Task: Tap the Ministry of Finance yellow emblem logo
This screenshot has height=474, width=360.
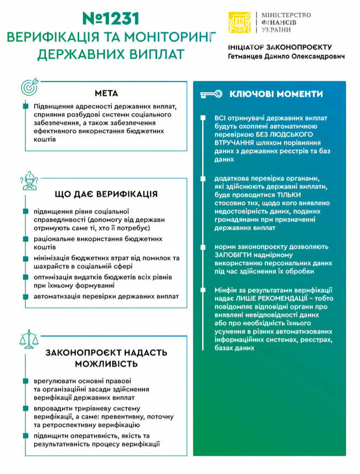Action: click(x=239, y=22)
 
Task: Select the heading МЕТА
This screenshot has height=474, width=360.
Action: click(x=106, y=93)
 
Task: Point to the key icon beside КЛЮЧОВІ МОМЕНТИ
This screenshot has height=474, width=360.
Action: click(x=211, y=94)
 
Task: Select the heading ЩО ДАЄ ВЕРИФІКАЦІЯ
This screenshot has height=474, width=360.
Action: click(x=106, y=195)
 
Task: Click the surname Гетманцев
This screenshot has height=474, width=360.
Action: click(x=249, y=57)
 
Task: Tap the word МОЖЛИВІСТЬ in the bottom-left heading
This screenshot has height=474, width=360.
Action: click(x=106, y=364)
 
